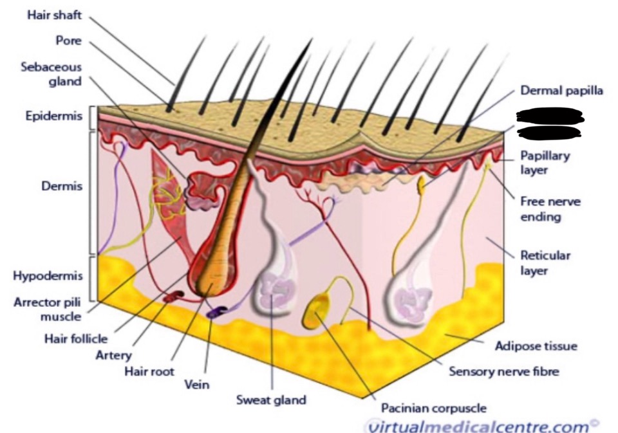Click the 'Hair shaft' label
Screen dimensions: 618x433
(x=55, y=14)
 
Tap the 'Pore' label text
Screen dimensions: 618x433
(x=68, y=41)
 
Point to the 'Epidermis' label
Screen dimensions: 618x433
(x=53, y=117)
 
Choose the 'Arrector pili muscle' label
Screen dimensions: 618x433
(x=48, y=309)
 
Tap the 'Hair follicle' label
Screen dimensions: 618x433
(x=76, y=338)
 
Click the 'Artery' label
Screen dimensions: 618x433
(x=113, y=355)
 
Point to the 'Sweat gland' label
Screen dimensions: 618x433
(x=270, y=400)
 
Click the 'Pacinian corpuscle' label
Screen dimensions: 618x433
(x=433, y=407)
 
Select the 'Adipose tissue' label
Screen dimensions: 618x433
(x=536, y=346)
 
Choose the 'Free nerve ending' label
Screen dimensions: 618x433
(x=550, y=209)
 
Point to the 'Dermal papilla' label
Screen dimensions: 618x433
(x=561, y=91)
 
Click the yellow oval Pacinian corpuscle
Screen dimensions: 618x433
(x=316, y=311)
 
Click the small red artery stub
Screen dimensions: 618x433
(x=174, y=296)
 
